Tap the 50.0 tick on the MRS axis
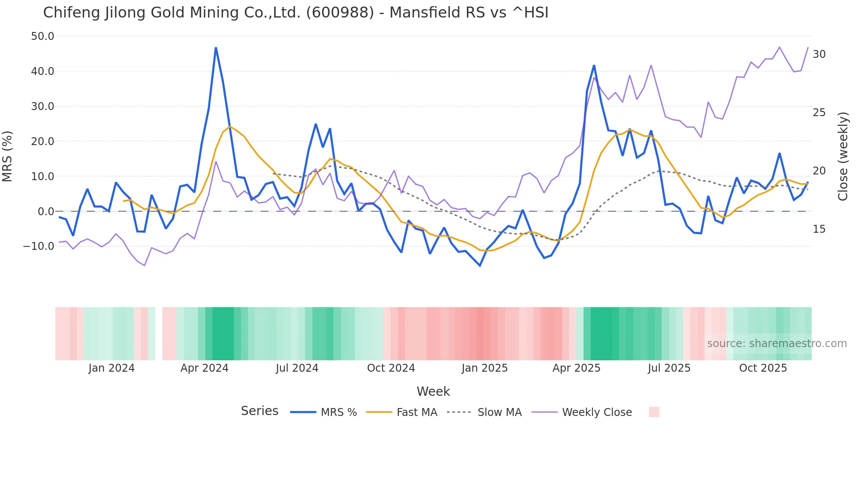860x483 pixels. [x=43, y=36]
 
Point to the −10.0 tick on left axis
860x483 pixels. [x=39, y=246]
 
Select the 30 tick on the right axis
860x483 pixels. [x=819, y=54]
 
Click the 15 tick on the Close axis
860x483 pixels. [x=819, y=229]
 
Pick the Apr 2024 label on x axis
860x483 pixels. [x=204, y=368]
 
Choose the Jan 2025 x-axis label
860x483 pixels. [x=484, y=368]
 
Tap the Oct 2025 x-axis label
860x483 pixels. [x=763, y=368]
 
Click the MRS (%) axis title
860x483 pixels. [x=7, y=156]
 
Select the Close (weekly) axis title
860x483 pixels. [x=843, y=156]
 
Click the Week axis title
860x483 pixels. [x=433, y=391]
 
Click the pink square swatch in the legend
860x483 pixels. [x=654, y=412]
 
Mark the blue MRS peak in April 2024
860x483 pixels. [x=216, y=48]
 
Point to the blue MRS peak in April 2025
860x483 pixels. [x=594, y=66]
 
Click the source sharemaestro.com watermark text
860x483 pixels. [x=777, y=344]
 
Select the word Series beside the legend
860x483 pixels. [x=259, y=411]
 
